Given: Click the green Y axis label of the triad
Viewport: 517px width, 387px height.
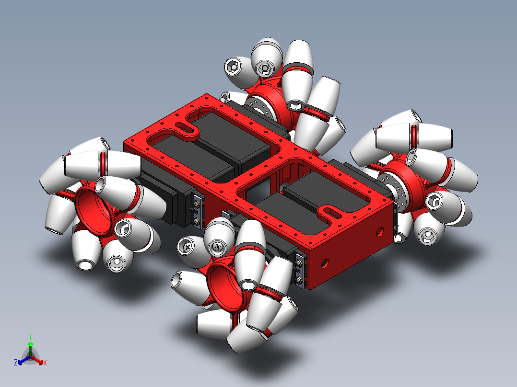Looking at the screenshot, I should point(30,337).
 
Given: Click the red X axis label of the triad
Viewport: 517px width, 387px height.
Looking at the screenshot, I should point(45,363).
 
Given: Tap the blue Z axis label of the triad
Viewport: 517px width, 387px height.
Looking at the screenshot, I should point(15,363).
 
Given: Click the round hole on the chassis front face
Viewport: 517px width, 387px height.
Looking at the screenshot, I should point(325,262).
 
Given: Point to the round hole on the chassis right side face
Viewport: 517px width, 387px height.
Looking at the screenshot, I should point(379,232).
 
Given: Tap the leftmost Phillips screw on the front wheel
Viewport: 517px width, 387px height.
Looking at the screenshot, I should point(186,247).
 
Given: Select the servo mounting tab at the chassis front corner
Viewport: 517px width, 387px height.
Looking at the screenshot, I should point(300,271).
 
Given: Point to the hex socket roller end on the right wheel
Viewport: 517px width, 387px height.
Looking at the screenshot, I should point(434,201).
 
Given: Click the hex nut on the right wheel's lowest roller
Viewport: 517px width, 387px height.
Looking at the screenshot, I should point(426,235).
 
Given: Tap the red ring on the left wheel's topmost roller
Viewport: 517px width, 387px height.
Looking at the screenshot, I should point(103,163).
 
